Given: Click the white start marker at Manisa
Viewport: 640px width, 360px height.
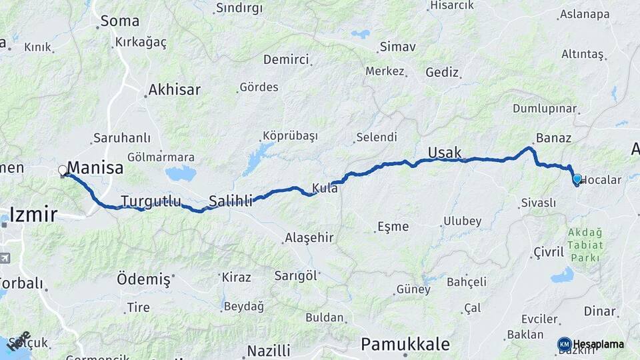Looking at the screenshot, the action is [63, 171].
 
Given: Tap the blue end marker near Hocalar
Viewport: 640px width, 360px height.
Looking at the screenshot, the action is [577, 179].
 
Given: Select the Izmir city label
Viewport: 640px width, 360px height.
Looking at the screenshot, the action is [33, 215].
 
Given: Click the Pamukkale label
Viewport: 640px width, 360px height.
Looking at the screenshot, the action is [405, 344].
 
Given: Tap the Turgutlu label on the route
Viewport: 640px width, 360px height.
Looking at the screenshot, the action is [151, 201].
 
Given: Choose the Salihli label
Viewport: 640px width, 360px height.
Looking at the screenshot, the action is [231, 201].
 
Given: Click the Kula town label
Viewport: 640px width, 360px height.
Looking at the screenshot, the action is [325, 189].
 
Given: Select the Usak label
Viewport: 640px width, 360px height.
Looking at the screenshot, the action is [445, 153].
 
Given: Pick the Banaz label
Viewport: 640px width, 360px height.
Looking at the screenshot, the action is [553, 138].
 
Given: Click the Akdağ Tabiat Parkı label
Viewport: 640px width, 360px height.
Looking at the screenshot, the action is [585, 245].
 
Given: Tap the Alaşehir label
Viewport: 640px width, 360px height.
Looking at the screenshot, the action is [309, 237].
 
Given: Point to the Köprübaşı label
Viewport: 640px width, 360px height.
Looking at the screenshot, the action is [288, 135].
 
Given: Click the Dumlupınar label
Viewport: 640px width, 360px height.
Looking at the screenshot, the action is [545, 108].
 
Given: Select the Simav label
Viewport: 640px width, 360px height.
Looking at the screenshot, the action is [397, 47].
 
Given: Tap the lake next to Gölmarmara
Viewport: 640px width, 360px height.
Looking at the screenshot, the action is [180, 173].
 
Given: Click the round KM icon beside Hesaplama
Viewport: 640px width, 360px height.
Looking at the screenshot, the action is [564, 344].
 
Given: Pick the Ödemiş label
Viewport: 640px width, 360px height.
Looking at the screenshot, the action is [143, 279].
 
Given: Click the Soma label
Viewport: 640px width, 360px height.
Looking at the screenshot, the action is [120, 21].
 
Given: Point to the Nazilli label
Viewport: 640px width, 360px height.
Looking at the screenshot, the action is [269, 351].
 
